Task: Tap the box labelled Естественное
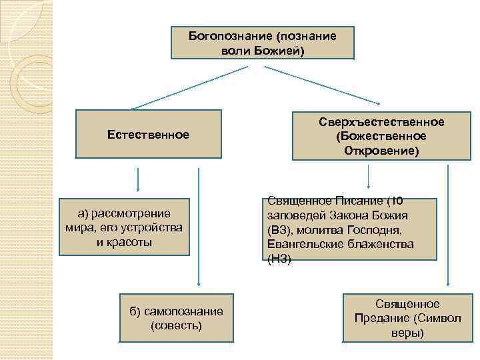(x=148, y=134)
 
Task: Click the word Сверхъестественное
(x=381, y=122)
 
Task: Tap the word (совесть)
(x=177, y=326)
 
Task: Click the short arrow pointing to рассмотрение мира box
(x=138, y=179)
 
